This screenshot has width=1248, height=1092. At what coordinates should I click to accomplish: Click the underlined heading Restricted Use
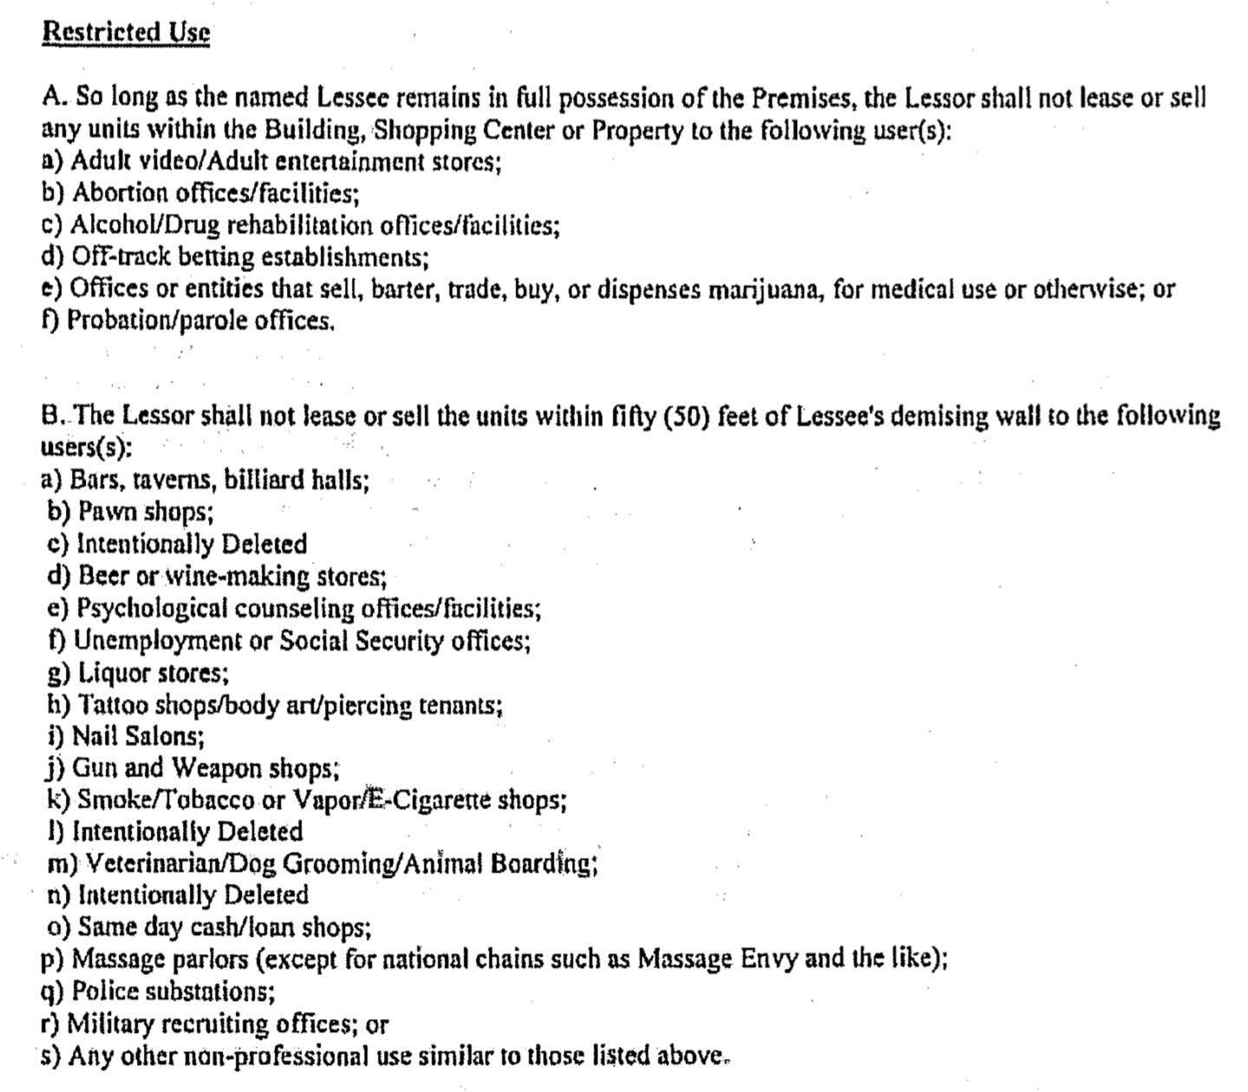click(126, 32)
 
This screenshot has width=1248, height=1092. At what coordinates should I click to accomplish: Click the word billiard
click(260, 479)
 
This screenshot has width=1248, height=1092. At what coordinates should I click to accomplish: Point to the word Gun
click(95, 768)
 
